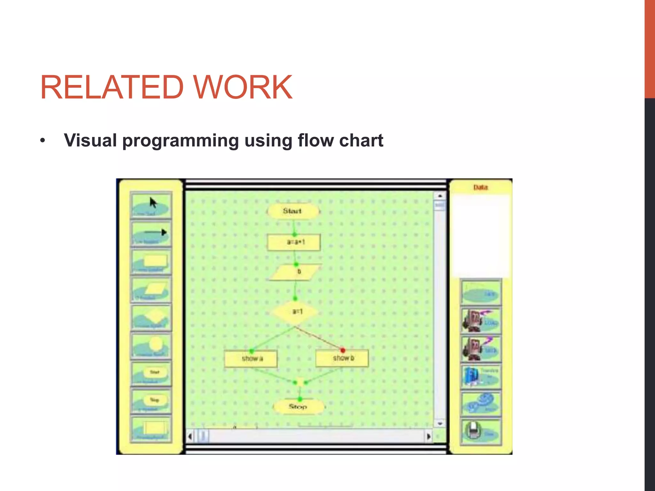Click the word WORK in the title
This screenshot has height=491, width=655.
(243, 87)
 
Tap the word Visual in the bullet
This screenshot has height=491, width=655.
(90, 140)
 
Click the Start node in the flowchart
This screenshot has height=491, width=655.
(293, 211)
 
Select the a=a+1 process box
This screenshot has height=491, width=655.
(294, 242)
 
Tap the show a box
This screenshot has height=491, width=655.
(251, 359)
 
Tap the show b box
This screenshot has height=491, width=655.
(342, 358)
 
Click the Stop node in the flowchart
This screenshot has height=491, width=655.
(298, 407)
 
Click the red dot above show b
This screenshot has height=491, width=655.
(343, 350)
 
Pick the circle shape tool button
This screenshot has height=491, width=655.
(151, 346)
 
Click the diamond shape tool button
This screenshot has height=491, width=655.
(151, 317)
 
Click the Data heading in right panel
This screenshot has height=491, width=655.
(480, 187)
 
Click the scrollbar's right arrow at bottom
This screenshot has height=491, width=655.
(429, 436)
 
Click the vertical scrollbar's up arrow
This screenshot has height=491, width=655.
(440, 196)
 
